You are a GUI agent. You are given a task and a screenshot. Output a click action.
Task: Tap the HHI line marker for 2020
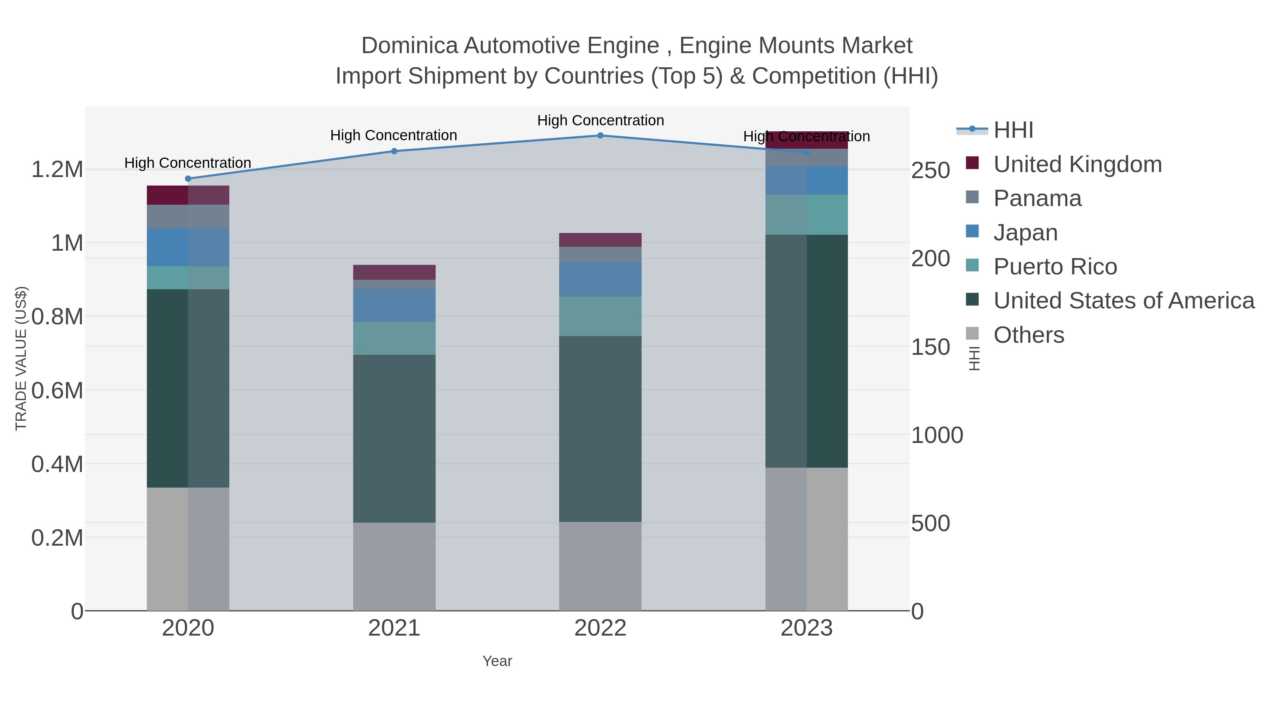[x=188, y=179]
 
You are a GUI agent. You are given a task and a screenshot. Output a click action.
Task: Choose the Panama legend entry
[x=1037, y=198]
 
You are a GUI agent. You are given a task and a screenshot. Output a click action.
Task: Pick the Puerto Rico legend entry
[x=1055, y=267]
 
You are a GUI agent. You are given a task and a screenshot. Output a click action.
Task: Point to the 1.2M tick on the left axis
[x=57, y=170]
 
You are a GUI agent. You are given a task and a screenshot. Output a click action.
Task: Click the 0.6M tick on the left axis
[x=57, y=391]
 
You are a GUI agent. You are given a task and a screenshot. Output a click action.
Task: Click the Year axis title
[x=497, y=661]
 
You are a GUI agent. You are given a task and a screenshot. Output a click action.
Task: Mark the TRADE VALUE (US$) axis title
[x=21, y=358]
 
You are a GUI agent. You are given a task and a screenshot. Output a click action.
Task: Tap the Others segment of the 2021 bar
[x=394, y=566]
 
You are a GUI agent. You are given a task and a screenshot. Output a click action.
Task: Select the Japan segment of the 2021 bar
[x=394, y=305]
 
